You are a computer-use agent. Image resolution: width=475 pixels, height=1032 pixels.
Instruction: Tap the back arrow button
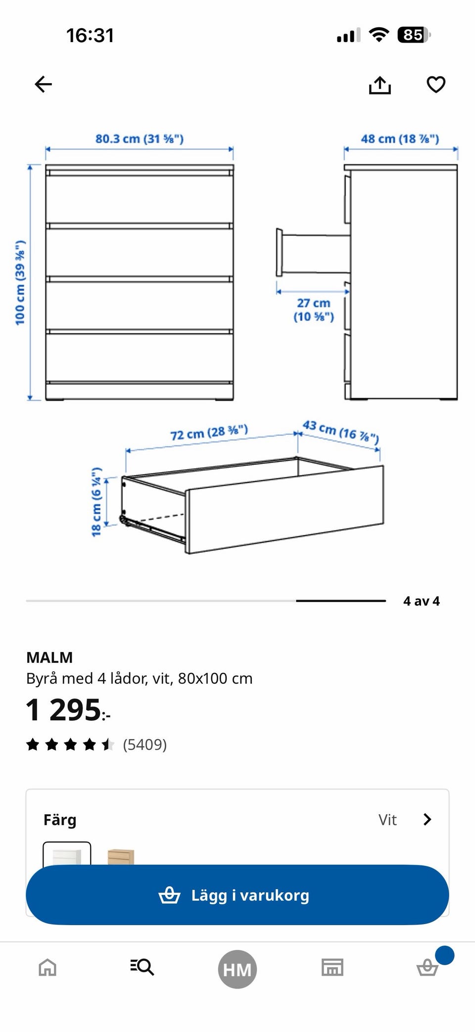tap(43, 84)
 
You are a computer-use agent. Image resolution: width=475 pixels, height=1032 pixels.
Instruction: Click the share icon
tap(380, 85)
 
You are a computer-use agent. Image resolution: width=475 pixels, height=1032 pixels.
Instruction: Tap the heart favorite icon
tap(436, 85)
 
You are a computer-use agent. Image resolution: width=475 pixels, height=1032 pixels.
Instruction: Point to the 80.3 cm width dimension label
tap(140, 139)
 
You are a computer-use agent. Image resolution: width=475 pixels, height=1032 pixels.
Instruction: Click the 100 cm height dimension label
tap(20, 282)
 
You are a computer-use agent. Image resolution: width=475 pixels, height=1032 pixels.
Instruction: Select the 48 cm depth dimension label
tap(400, 139)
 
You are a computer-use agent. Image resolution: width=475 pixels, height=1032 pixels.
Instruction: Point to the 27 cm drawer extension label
tap(314, 310)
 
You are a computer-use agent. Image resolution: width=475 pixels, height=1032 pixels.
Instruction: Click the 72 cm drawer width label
tap(209, 432)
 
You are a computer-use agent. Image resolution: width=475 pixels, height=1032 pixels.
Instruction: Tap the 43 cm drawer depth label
tap(341, 432)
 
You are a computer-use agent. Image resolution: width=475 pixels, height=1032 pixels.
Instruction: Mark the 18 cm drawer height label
tap(96, 501)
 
